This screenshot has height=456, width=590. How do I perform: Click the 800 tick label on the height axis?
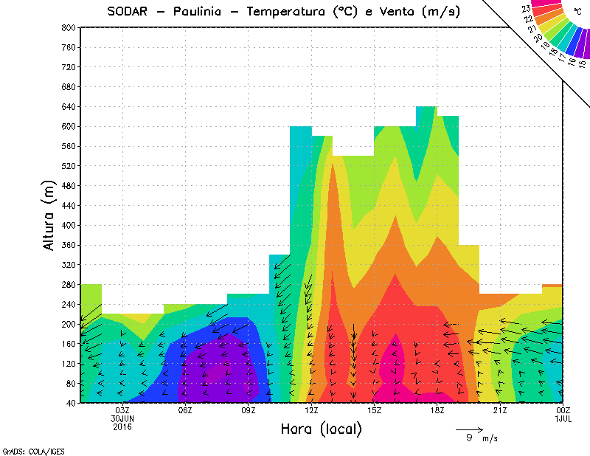68,27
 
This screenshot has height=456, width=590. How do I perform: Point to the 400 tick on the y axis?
68,225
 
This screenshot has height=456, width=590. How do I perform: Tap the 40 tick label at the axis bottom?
70,403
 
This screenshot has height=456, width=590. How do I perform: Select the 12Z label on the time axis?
311,410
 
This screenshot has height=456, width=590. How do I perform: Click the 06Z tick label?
185,410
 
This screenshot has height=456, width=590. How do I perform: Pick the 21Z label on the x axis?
500,410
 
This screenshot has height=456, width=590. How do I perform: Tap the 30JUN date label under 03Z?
122,418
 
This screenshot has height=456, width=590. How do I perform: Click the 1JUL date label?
563,418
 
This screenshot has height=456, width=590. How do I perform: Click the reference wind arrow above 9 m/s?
468,429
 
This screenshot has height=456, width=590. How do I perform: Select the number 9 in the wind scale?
469,438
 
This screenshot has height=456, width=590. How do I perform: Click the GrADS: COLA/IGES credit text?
25,449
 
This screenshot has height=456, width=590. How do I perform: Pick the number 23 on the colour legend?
527,9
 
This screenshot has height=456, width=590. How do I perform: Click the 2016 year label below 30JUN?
122,426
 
